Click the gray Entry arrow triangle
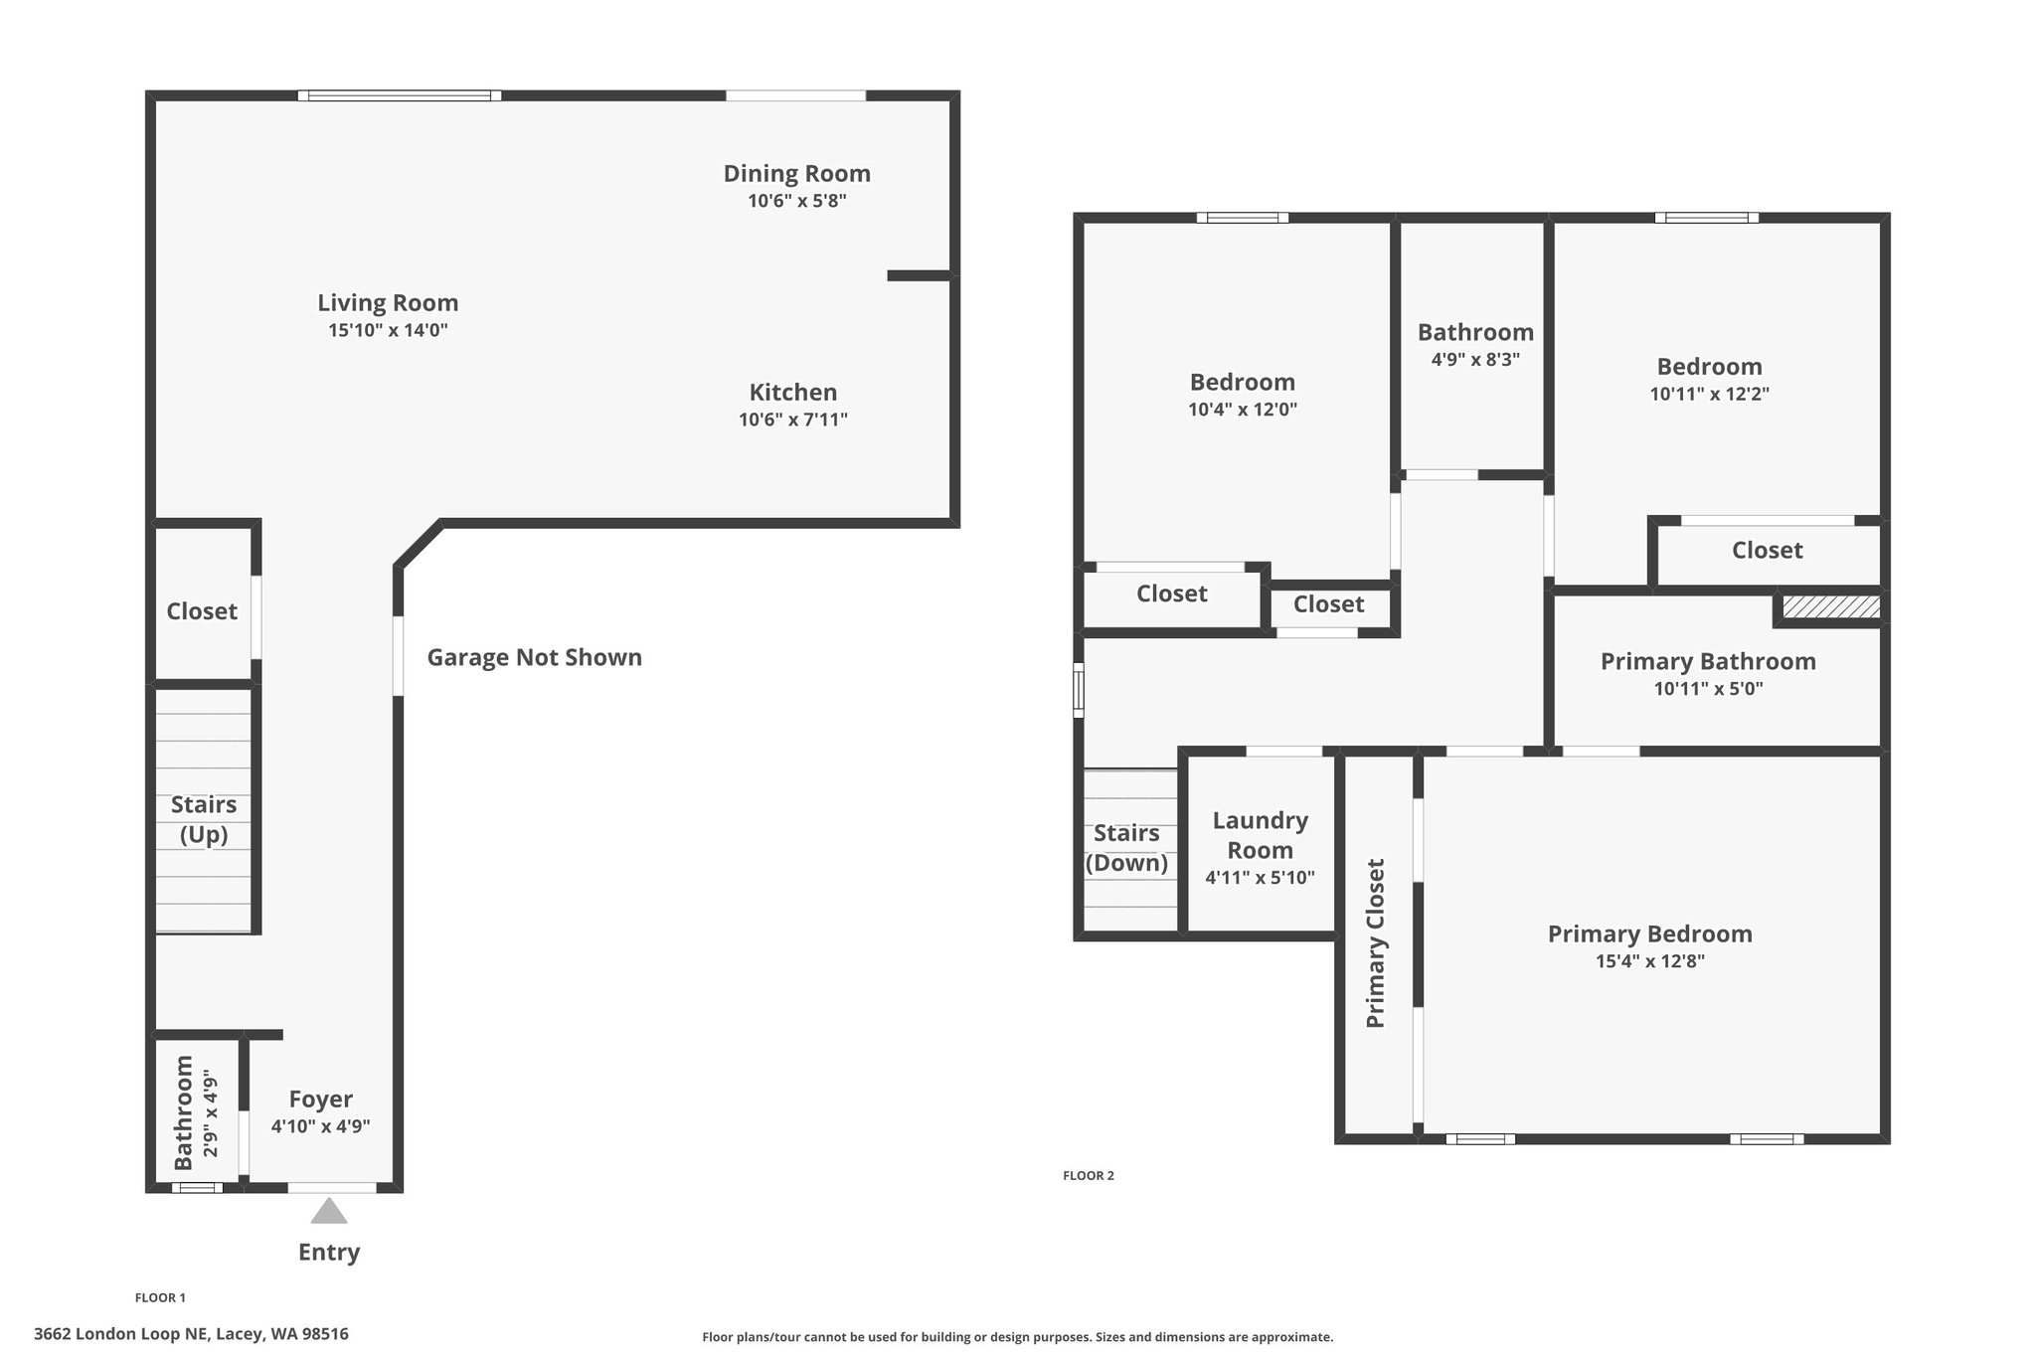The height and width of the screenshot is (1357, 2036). click(x=329, y=1212)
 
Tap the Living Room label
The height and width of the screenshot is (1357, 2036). click(x=388, y=303)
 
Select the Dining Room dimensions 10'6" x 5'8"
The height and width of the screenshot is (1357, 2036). click(x=796, y=201)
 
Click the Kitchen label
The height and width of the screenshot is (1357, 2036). click(x=792, y=392)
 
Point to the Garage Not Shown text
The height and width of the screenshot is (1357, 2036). click(x=534, y=657)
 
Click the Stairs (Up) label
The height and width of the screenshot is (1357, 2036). click(x=204, y=819)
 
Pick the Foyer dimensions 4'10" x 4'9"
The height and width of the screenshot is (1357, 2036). click(x=320, y=1126)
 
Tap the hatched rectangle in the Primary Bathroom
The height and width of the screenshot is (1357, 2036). click(x=1830, y=606)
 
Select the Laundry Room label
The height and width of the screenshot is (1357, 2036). click(x=1260, y=835)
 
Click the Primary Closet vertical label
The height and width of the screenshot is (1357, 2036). click(x=1375, y=942)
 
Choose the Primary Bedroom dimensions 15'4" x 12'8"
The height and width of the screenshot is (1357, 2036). click(x=1649, y=961)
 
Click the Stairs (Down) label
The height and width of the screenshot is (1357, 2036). click(x=1126, y=847)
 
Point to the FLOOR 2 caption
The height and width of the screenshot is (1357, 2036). click(x=1088, y=1175)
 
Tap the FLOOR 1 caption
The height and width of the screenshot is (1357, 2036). click(x=160, y=1297)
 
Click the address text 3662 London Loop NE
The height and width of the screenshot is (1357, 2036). click(x=191, y=1334)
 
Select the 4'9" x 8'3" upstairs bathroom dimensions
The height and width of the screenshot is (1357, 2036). click(x=1475, y=360)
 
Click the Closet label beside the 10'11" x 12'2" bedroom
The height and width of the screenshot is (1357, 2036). click(x=1767, y=550)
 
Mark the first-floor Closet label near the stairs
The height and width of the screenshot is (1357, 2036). click(x=202, y=611)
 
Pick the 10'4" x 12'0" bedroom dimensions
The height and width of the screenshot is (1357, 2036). click(x=1242, y=410)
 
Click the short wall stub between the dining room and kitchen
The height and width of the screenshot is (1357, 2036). click(x=919, y=275)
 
